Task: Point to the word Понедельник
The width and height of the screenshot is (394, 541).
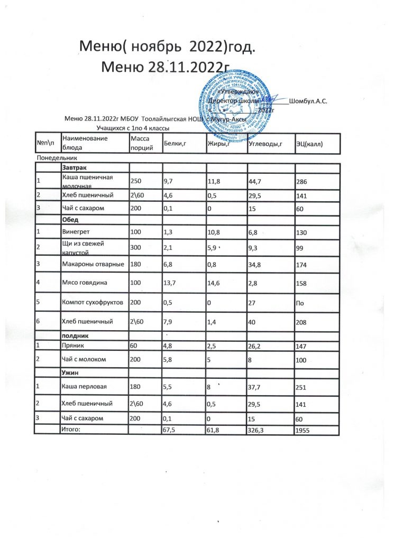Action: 57,157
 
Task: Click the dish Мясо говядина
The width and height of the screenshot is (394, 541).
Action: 85,283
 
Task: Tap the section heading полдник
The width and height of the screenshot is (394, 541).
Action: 76,335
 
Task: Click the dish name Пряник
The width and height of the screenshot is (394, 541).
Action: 72,344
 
